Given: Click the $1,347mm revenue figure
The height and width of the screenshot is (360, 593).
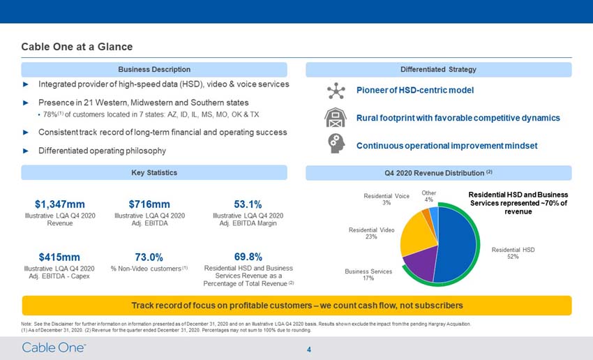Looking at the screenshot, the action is (60, 204).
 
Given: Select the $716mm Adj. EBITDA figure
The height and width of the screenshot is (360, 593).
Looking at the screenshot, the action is (149, 204).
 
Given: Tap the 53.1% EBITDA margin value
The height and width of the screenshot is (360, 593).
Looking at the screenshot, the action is (248, 204).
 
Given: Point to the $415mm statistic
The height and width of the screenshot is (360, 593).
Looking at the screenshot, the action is (59, 257).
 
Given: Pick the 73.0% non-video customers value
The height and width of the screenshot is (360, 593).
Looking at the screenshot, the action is (149, 257).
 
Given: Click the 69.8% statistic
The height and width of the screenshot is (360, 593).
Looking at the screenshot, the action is (248, 257).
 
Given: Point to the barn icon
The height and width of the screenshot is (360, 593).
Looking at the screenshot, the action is (335, 118).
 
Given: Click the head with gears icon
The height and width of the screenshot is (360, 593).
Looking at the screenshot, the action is (336, 144).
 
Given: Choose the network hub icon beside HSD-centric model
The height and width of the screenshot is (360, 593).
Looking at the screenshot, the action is (336, 91).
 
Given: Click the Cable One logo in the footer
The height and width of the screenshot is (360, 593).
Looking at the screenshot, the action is (54, 347).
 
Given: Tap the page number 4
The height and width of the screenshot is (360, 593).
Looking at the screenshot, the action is (309, 350).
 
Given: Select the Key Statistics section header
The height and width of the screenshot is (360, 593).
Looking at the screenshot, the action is (154, 172).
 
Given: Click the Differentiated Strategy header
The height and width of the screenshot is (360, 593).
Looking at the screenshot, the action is (438, 69).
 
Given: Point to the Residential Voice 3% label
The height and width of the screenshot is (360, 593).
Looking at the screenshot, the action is (386, 200).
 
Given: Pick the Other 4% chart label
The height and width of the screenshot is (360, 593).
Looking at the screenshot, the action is (429, 196).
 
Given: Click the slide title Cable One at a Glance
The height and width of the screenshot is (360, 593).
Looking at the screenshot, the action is (77, 47).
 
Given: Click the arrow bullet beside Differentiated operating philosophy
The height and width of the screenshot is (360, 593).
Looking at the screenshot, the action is (26, 151).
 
